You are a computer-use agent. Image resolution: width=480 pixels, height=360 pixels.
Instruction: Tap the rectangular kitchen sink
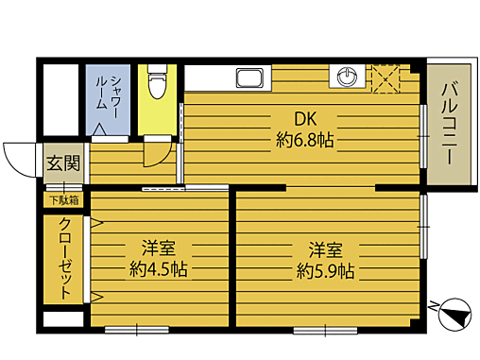250,77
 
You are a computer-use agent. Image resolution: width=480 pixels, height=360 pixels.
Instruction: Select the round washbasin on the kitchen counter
345,77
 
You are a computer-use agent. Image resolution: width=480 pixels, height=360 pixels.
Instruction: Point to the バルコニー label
448,122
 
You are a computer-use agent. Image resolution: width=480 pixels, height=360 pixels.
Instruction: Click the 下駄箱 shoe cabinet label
62,199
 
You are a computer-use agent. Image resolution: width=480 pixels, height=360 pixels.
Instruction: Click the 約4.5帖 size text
159,269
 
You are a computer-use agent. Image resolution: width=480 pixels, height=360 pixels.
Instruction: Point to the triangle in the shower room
100,128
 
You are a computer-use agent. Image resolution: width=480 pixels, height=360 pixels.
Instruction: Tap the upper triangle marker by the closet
95,224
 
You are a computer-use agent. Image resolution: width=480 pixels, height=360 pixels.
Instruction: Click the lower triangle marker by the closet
95,297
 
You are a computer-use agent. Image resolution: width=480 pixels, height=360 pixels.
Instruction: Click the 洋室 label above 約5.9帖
326,250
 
